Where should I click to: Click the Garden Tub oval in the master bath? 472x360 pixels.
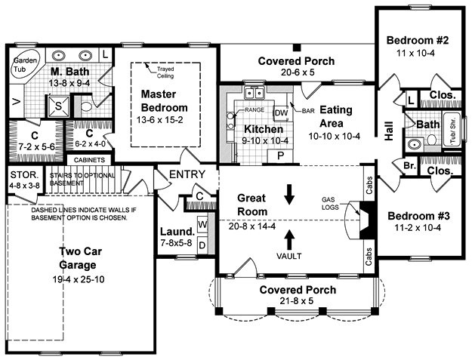pyautogui.click(x=25, y=65)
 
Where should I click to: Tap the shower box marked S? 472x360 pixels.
pyautogui.click(x=58, y=106)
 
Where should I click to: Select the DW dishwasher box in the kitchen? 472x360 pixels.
pyautogui.click(x=282, y=112)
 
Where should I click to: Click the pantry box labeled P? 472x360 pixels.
pyautogui.click(x=280, y=155)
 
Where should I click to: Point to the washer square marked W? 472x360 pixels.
pyautogui.click(x=203, y=224)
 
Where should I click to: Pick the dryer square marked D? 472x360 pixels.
pyautogui.click(x=203, y=245)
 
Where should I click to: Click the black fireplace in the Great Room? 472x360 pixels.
pyautogui.click(x=367, y=220)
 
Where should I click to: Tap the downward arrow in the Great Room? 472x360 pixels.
pyautogui.click(x=289, y=194)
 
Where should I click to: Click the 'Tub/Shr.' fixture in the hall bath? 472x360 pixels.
pyautogui.click(x=452, y=131)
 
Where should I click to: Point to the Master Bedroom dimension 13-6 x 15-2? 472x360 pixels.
pyautogui.click(x=159, y=120)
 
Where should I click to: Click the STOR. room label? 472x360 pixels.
pyautogui.click(x=25, y=175)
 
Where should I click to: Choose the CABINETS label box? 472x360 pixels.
pyautogui.click(x=89, y=160)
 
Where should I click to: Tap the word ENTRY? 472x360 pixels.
pyautogui.click(x=187, y=174)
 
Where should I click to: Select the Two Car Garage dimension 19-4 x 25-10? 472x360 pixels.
pyautogui.click(x=79, y=279)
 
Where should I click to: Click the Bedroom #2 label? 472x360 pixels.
pyautogui.click(x=418, y=40)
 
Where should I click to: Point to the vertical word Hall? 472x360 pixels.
pyautogui.click(x=389, y=131)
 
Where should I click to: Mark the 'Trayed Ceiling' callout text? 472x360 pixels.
pyautogui.click(x=165, y=72)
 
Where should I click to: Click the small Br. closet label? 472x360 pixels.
pyautogui.click(x=409, y=165)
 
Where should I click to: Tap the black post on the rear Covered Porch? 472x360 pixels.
pyautogui.click(x=297, y=48)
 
